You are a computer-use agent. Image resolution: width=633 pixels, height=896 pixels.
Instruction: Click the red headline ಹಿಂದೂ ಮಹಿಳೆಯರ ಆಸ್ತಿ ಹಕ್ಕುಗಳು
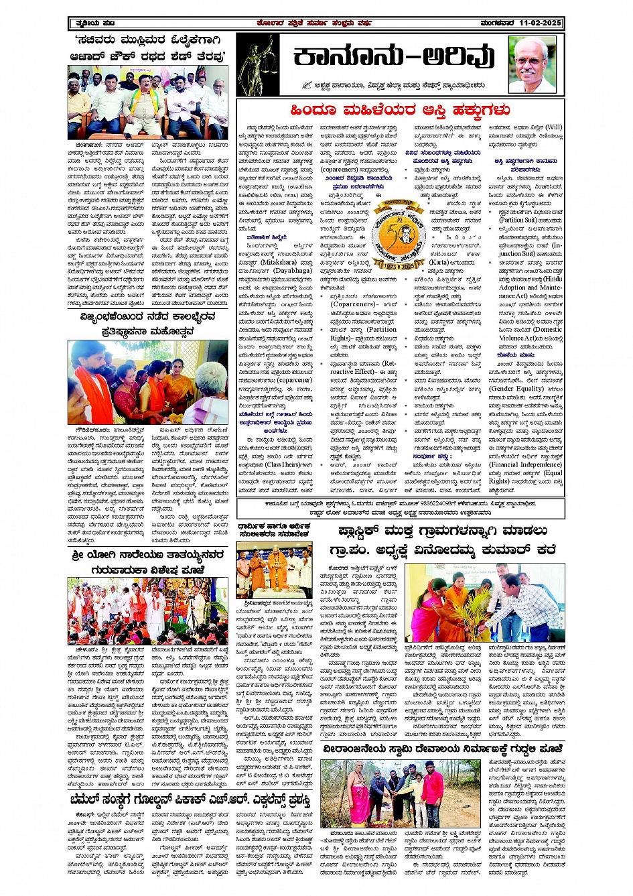(x=400, y=110)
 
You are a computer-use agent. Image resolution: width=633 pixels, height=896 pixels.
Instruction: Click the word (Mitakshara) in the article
(x=277, y=262)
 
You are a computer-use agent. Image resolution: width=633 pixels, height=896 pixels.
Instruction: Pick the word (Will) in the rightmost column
(x=554, y=127)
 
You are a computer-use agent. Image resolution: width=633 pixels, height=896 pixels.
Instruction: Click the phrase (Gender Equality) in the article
(x=515, y=389)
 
